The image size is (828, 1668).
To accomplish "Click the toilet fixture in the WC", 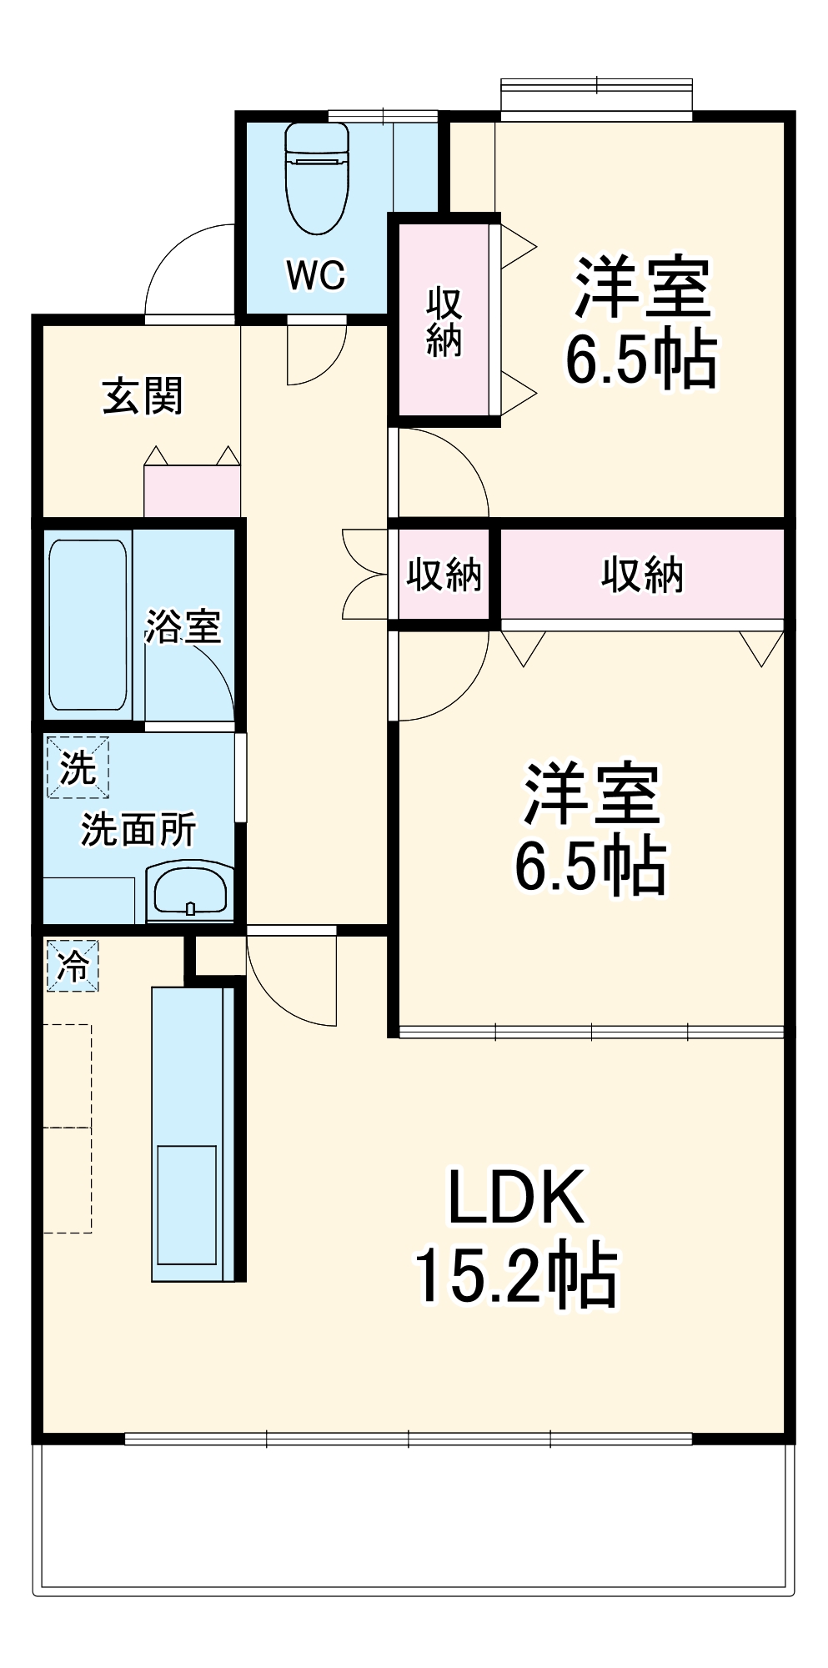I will (x=316, y=179).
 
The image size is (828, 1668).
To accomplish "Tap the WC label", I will (x=315, y=274).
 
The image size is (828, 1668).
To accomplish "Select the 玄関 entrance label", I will (x=143, y=396).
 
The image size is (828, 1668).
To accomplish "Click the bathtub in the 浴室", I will (x=88, y=625).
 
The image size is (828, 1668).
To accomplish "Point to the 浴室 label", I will (x=183, y=626).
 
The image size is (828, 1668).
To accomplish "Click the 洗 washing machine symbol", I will (x=78, y=767).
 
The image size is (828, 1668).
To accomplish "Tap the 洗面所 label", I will (x=138, y=829).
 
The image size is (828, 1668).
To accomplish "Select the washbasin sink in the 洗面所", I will (x=190, y=892).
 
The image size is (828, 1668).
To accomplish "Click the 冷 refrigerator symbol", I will (x=73, y=966).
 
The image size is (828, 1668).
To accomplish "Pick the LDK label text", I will (x=516, y=1198).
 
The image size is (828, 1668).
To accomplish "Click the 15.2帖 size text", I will (x=516, y=1276).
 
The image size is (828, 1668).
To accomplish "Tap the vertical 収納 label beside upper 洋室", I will (x=444, y=323).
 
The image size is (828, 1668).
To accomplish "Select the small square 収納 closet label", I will (x=444, y=575).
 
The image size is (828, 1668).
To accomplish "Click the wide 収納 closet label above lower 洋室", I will (x=642, y=575).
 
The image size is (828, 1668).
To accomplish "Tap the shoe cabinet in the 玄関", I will (x=192, y=491).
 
